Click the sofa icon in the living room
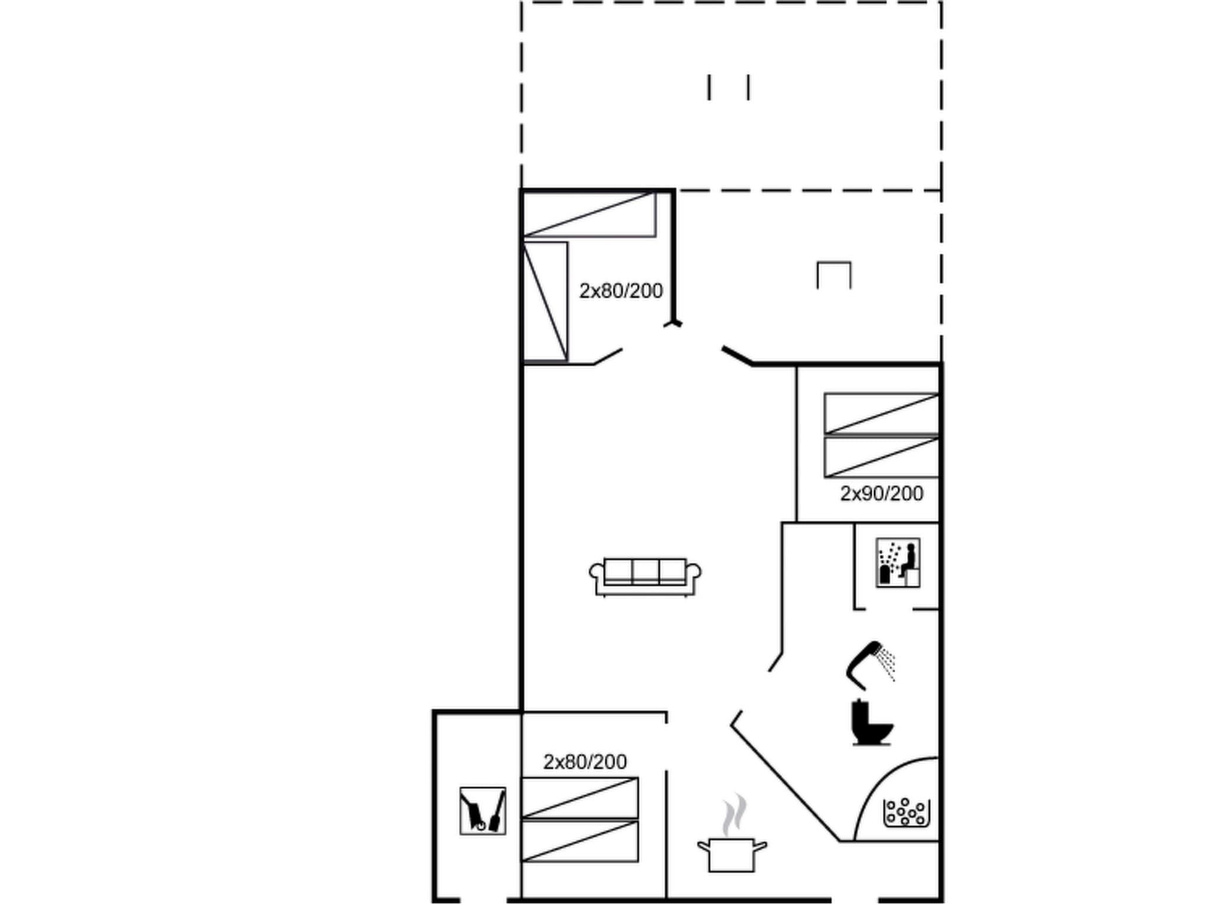(645, 576)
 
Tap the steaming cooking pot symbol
(731, 843)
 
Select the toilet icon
(871, 723)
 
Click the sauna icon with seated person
(898, 562)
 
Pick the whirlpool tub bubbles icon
(906, 812)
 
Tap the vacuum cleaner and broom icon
(483, 811)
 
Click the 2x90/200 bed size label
(881, 494)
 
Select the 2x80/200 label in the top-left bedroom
(621, 291)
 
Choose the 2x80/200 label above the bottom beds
(585, 762)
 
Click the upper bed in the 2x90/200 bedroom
(881, 414)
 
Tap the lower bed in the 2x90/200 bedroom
(881, 457)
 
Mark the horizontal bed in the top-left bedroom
(590, 214)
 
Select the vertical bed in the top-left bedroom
(546, 301)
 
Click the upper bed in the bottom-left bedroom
(580, 798)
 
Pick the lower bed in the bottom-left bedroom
(580, 841)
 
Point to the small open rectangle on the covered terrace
(834, 275)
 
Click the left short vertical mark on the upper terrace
(709, 87)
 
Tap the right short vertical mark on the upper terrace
(748, 87)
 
